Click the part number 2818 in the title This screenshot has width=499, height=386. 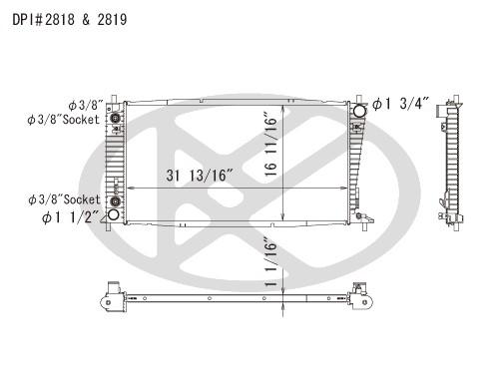coord(60,20)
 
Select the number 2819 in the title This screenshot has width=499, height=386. coord(112,20)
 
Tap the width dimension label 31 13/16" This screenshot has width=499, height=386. coord(200,176)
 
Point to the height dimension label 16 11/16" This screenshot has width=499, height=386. coord(271,146)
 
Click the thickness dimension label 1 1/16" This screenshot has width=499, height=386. coord(271,261)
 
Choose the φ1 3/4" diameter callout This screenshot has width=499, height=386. coord(400,104)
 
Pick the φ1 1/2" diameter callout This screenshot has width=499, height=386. coord(71,217)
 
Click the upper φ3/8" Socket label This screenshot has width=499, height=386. coord(63,120)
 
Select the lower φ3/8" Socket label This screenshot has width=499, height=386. coord(64,199)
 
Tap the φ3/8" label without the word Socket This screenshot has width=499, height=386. coord(86,106)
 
